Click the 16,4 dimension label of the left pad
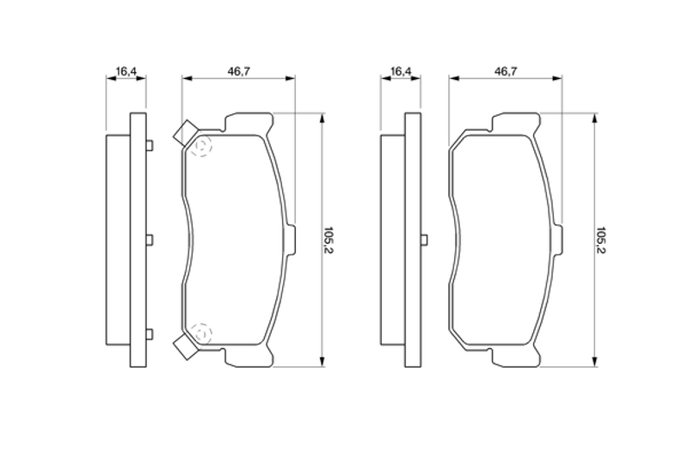[126, 70]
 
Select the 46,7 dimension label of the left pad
[239, 70]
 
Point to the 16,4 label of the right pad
[401, 70]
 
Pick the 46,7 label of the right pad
[506, 70]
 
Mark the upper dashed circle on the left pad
[201, 145]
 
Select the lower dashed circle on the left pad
[201, 333]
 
